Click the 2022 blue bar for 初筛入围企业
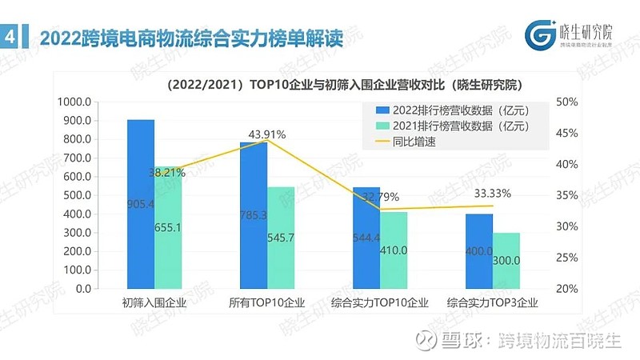coord(141,204)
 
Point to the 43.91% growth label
coord(268,134)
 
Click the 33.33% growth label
coord(492,194)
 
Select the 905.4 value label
coord(141,204)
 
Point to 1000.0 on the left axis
coord(77,102)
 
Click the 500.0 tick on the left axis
coord(79,195)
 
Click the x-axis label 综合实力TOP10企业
coord(380,303)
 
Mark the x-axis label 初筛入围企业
coord(154,303)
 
